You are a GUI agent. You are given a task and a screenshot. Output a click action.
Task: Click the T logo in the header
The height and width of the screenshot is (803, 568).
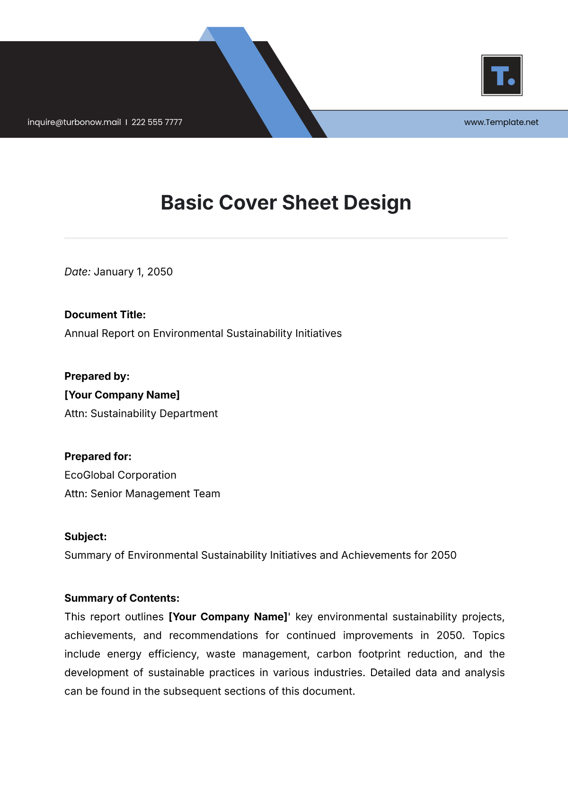[502, 75]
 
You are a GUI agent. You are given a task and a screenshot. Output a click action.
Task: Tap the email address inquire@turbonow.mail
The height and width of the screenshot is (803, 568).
[74, 122]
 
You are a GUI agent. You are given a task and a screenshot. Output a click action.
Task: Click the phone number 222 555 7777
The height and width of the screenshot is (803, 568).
[157, 122]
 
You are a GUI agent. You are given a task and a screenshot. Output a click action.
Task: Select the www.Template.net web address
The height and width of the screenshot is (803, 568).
[501, 122]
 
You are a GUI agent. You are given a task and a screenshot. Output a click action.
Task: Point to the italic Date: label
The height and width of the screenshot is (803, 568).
[77, 272]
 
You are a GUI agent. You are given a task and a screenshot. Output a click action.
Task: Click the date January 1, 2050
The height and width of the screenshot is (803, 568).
[133, 272]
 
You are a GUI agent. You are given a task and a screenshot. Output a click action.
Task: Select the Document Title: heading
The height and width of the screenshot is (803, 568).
[105, 315]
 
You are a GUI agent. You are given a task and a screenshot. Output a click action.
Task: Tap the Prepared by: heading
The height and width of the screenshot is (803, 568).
[97, 376]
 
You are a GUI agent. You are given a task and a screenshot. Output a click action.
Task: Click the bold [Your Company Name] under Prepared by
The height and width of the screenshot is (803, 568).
[122, 395]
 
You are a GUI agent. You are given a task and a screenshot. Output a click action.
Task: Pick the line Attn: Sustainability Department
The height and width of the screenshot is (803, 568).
[141, 413]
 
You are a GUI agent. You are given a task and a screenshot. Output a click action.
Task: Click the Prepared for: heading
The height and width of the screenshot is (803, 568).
[98, 456]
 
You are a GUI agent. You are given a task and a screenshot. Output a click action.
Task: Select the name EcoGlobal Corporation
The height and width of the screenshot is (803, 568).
[120, 475]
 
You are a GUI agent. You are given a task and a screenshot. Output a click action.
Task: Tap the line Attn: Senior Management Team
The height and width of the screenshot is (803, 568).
[142, 493]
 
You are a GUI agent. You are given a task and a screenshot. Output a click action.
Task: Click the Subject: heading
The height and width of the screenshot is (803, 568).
[86, 536]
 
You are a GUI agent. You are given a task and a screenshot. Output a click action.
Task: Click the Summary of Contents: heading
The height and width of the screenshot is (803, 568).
[122, 598]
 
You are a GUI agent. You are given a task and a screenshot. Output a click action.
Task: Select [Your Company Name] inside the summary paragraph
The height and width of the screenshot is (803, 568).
[229, 617]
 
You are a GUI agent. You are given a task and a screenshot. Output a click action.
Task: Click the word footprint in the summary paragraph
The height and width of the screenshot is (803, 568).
[380, 654]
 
